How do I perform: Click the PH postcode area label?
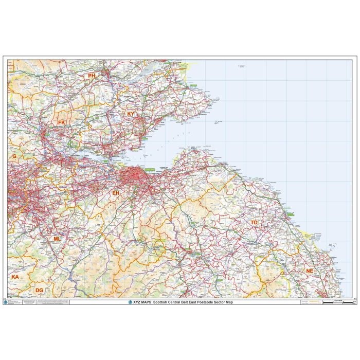tap(92, 76)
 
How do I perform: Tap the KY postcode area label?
tap(131, 114)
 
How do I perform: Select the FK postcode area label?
tap(62, 122)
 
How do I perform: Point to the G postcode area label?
tap(14, 155)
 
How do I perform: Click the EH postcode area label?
tap(116, 193)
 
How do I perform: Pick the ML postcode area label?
tap(57, 239)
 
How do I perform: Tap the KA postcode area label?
tap(15, 277)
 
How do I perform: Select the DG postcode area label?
tap(39, 291)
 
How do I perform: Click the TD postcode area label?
tap(254, 222)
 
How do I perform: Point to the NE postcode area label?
tap(309, 271)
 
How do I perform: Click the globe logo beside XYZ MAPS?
tap(130, 302)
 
